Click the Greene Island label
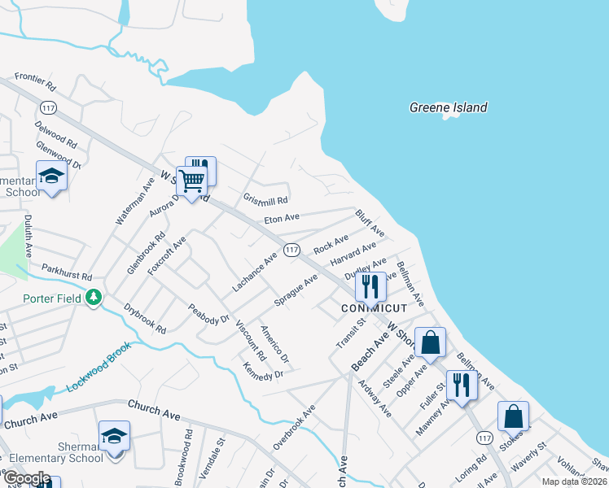(x=448, y=107)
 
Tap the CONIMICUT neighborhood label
(x=373, y=308)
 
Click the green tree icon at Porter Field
(x=95, y=298)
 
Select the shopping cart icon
(x=191, y=181)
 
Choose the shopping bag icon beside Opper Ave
(x=430, y=342)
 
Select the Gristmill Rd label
(x=265, y=199)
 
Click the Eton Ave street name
(x=282, y=218)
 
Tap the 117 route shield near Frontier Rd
(x=48, y=107)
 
